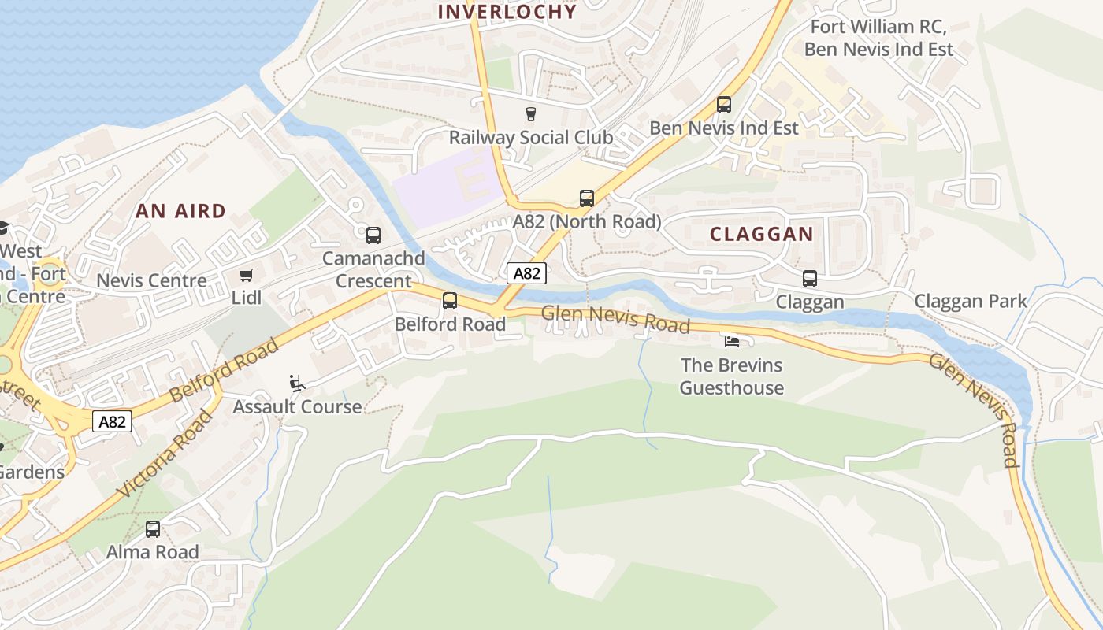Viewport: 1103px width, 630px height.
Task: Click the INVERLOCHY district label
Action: [507, 12]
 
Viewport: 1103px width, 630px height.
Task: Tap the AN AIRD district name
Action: [180, 211]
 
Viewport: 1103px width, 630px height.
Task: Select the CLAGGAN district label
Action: [761, 234]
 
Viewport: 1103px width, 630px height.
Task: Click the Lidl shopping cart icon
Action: [247, 275]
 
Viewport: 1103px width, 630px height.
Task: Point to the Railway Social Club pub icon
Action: [530, 114]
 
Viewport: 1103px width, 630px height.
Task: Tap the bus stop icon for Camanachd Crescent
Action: [373, 235]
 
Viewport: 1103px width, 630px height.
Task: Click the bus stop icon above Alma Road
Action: [153, 529]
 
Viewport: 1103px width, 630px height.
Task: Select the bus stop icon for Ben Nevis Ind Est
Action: [723, 105]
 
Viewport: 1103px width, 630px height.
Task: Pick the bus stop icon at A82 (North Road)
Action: [586, 198]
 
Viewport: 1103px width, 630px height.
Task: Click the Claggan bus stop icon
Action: [809, 279]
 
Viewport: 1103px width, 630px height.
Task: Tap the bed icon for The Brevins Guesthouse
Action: [732, 342]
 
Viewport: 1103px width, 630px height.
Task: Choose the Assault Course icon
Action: [297, 384]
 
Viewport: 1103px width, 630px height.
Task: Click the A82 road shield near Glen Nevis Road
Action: [526, 273]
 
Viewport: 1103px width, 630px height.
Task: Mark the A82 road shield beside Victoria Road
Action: [112, 421]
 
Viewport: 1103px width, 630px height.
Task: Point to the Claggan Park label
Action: [971, 301]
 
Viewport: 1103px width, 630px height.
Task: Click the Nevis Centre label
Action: [151, 280]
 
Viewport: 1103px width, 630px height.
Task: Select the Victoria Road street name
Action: [165, 454]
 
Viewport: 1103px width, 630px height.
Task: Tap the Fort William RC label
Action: [877, 27]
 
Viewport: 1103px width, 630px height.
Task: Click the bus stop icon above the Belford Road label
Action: [449, 301]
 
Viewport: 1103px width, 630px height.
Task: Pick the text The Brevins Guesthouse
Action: [731, 376]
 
